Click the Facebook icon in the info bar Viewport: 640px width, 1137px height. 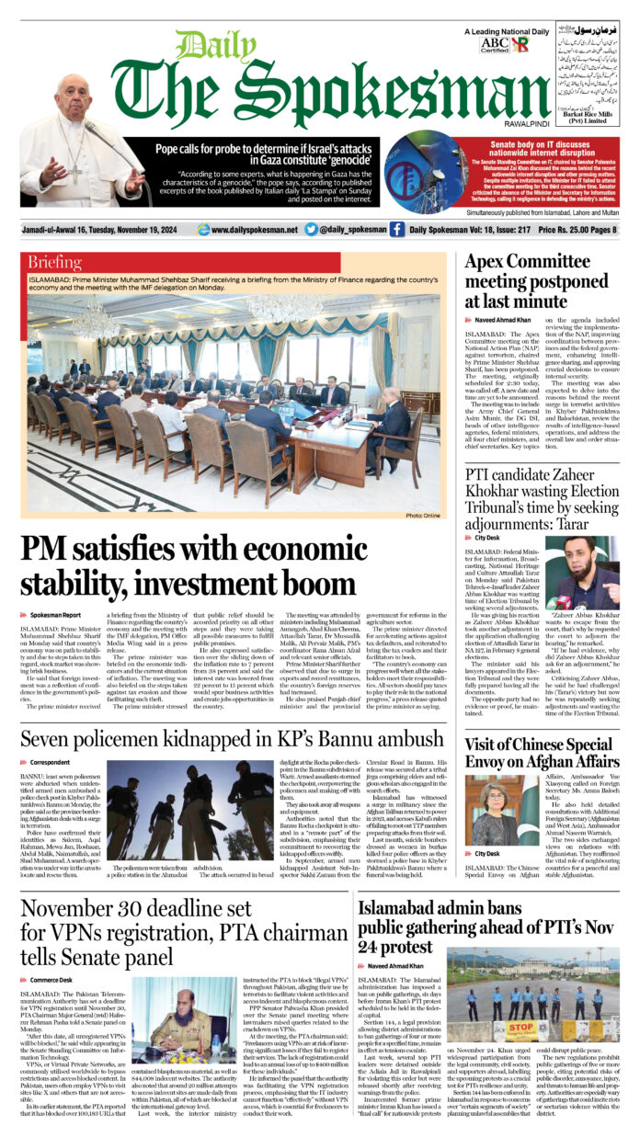click(x=396, y=230)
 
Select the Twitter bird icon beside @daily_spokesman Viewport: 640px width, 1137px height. click(x=311, y=230)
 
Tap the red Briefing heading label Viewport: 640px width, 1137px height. click(x=55, y=263)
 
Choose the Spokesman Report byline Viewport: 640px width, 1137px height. click(x=55, y=614)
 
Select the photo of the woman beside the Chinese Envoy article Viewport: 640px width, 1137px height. click(x=488, y=812)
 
